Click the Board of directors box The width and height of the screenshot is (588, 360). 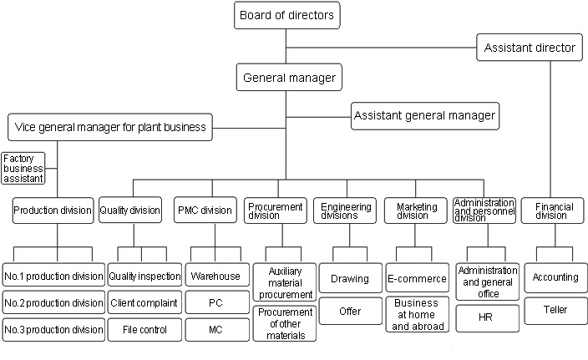[x=287, y=15]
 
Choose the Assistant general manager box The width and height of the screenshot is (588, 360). [x=424, y=115]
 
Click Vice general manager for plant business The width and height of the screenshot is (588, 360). [x=109, y=128]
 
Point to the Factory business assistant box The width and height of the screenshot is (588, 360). [x=23, y=168]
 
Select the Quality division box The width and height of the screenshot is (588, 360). [x=129, y=210]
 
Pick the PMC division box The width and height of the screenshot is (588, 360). [x=204, y=210]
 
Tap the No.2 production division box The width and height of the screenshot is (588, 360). [x=53, y=302]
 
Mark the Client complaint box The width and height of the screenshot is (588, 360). [x=144, y=302]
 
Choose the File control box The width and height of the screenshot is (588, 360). [x=144, y=329]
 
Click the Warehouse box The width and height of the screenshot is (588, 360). [x=215, y=276]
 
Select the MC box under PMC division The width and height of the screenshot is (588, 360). [x=215, y=329]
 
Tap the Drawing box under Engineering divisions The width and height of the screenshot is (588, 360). [x=350, y=278]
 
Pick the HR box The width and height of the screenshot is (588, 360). [x=487, y=318]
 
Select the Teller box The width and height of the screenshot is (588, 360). [x=555, y=310]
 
